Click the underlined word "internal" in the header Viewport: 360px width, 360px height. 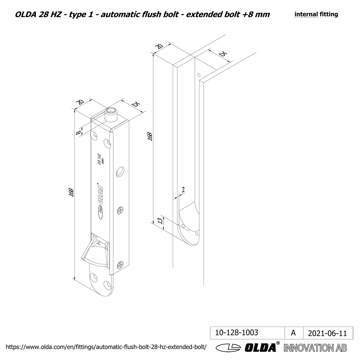pos(306,14)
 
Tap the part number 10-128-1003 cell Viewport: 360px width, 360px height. pos(236,333)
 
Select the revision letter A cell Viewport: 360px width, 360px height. pos(293,333)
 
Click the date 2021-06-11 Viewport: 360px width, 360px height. pos(327,333)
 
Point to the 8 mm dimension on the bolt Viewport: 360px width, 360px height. pos(78,132)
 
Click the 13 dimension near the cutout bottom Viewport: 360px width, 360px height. pos(160,221)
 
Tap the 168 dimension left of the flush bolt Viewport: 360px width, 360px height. pos(71,192)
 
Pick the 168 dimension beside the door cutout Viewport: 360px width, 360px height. pos(150,136)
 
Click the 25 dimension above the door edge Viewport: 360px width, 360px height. pos(222,54)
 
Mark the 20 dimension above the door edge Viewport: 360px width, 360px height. pos(159,47)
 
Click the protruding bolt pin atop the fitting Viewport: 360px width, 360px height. pos(112,114)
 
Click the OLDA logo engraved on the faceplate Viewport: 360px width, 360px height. pos(100,201)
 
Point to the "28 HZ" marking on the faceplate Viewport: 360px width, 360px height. pos(99,158)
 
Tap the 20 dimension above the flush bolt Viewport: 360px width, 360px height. pos(80,102)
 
